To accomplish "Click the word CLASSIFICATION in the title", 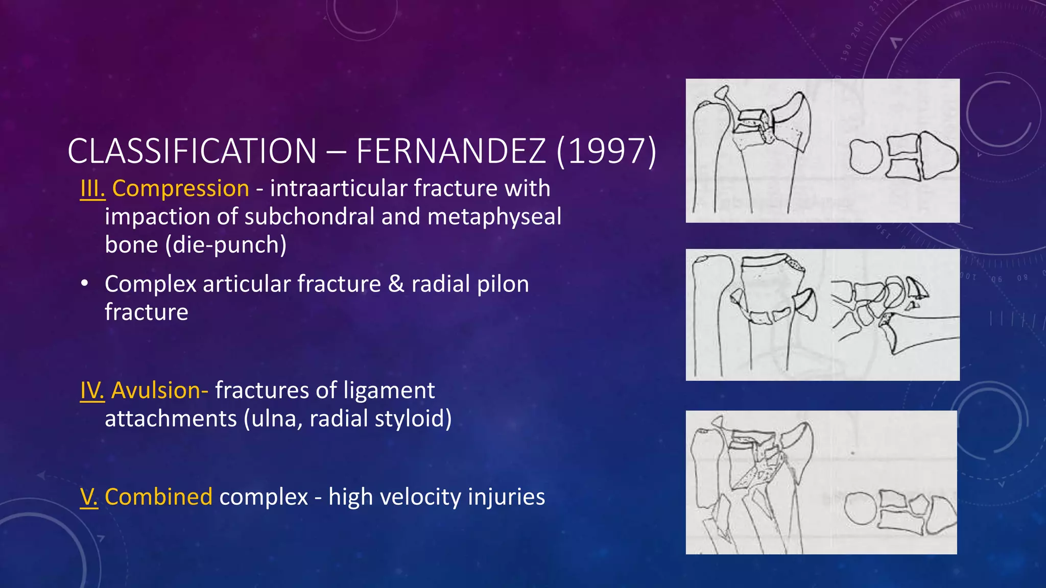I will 192,151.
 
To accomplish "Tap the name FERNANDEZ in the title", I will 451,151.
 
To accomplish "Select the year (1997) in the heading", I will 606,151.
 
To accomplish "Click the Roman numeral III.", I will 92,188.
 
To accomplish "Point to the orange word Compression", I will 180,188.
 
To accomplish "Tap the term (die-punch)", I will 225,244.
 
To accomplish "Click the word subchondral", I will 310,216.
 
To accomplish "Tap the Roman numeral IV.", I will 92,390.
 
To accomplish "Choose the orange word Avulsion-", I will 160,390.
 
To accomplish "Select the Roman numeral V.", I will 89,497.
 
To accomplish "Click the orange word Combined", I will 158,497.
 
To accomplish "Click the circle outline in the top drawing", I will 866,157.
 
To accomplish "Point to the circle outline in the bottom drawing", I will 861,508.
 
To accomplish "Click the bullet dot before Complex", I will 84,283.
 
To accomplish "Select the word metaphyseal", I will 494,216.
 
